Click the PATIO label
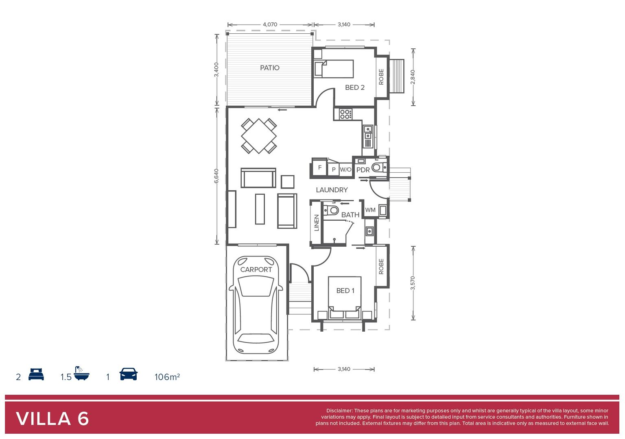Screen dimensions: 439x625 coord(270,68)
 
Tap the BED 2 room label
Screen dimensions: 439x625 coord(354,87)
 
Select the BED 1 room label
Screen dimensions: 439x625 coord(345,291)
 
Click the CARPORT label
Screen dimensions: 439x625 coord(256,269)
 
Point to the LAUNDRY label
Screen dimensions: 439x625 coord(332,190)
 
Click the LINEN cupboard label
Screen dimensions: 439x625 coord(317,223)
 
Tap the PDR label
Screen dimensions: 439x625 coord(363,170)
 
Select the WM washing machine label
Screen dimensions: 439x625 coord(370,210)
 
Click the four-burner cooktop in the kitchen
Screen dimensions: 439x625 coord(345,114)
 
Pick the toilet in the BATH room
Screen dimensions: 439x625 coord(332,210)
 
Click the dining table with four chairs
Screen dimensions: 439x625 coord(259,136)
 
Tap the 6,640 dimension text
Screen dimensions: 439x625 coord(216,176)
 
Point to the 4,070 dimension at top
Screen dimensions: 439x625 coord(270,24)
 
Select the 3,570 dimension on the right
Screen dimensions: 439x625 coord(413,283)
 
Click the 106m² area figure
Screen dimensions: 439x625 coord(167,377)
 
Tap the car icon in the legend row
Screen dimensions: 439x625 coord(128,374)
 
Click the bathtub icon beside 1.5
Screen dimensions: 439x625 coord(81,374)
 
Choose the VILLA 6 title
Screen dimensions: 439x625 coord(52,419)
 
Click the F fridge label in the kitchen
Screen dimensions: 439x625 coord(320,167)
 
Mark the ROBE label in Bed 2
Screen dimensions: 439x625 coord(381,77)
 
